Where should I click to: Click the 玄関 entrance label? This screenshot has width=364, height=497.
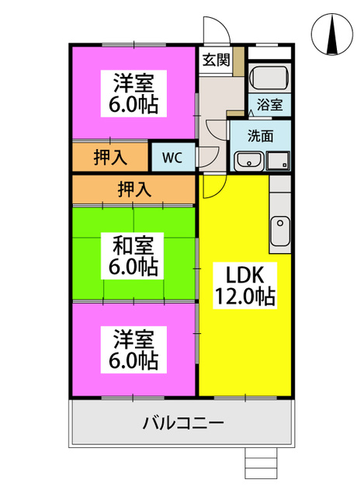tap(216, 60)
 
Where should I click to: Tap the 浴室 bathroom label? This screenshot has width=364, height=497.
tap(269, 105)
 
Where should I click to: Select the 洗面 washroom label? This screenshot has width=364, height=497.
tap(261, 136)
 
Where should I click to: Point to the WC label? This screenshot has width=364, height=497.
tap(172, 158)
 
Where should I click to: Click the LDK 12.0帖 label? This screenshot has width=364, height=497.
tap(245, 285)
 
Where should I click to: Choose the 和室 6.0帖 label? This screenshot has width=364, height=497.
tap(133, 255)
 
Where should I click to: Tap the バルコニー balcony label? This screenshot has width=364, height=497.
tap(183, 422)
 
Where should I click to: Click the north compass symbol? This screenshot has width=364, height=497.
tap(331, 34)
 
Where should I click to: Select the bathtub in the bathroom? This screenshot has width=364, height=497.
tap(269, 78)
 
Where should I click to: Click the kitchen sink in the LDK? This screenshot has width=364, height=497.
tap(280, 231)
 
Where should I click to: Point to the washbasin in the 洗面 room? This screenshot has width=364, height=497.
tap(249, 161)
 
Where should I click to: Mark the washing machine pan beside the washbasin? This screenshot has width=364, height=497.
tap(278, 161)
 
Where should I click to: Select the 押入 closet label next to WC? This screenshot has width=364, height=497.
tap(110, 157)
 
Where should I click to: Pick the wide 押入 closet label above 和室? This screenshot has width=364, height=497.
tap(134, 189)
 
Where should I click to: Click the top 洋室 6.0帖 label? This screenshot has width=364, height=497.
tap(133, 93)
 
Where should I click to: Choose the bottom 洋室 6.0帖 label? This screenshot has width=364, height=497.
tap(133, 349)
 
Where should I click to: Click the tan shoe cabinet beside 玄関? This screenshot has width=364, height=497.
tap(239, 61)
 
